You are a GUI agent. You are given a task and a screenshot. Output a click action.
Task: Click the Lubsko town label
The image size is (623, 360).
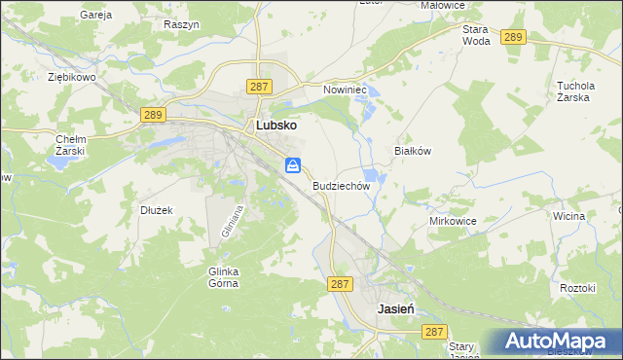click(x=275, y=126)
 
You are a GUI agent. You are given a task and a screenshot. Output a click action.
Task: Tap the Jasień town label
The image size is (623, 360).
click(x=396, y=307)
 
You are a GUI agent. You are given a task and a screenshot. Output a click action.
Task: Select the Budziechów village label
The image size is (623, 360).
click(x=342, y=185)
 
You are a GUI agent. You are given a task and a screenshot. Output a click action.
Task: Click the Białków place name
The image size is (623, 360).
click(x=412, y=152)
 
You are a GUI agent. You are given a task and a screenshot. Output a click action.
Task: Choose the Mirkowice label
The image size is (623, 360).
click(x=453, y=221)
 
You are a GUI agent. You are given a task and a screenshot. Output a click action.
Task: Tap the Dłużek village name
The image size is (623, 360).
click(x=156, y=210)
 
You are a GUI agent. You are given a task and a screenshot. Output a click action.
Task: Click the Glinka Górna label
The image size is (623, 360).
click(x=223, y=277)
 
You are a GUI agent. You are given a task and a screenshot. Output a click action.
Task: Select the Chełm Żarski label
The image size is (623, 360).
click(x=71, y=145)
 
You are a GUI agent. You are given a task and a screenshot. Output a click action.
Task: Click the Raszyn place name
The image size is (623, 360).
click(x=182, y=23)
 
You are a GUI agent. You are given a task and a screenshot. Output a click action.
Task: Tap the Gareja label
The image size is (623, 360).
click(x=97, y=16)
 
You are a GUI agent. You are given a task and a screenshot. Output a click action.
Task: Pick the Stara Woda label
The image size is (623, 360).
click(x=476, y=35)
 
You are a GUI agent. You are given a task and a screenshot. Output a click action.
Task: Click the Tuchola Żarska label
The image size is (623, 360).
click(x=575, y=90)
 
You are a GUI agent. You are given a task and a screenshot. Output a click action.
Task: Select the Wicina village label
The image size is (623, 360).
click(x=568, y=215)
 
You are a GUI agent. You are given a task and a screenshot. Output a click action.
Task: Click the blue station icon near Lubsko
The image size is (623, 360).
click(x=293, y=166)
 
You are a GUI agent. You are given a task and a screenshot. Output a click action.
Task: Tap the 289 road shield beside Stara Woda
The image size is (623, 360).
click(x=514, y=37)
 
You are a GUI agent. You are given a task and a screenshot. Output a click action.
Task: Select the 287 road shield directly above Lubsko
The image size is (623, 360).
click(x=258, y=88)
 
